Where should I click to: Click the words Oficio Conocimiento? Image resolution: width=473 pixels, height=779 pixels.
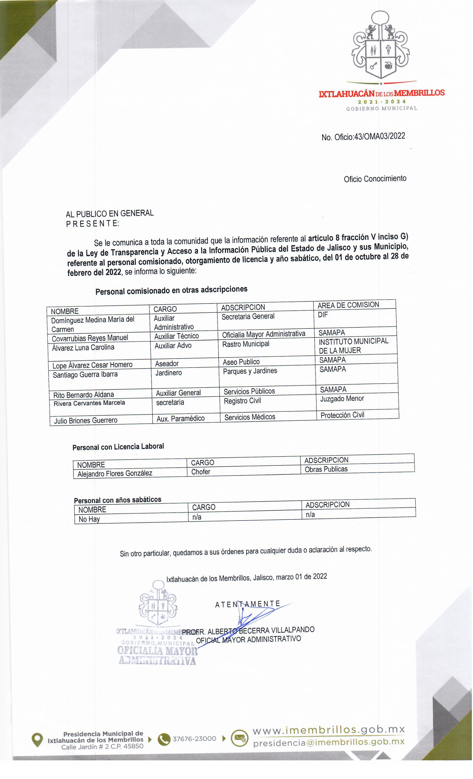tap(375, 179)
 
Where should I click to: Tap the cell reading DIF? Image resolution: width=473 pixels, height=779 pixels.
tap(323, 315)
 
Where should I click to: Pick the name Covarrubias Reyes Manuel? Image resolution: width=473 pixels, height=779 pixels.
tap(90, 338)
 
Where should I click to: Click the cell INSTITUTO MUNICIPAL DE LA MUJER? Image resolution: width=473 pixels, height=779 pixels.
tap(353, 346)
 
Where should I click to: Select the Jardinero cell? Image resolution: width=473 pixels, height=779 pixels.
tap(169, 373)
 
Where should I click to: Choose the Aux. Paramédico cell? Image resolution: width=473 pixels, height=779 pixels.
tap(181, 419)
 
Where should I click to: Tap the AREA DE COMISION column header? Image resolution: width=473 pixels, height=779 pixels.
tap(348, 305)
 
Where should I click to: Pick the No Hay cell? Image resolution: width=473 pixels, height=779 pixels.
tap(89, 519)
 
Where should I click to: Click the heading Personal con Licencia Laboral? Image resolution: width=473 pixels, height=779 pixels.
tap(118, 447)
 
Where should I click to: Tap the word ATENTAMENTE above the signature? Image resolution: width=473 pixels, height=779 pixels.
tap(248, 604)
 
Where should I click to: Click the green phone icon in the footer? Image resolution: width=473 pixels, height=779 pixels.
tap(164, 739)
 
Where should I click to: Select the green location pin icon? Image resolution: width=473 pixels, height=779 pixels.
tap(37, 740)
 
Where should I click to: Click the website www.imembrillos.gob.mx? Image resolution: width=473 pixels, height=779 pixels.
tap(329, 730)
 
